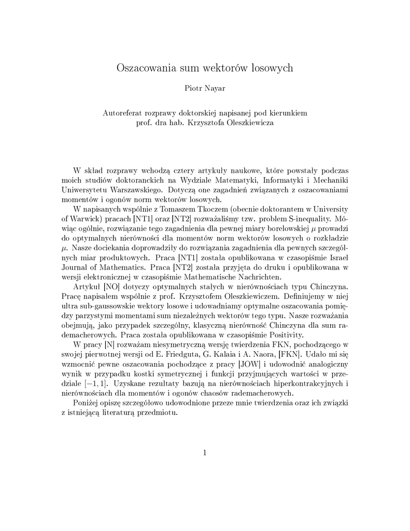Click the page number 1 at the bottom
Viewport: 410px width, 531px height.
click(x=205, y=453)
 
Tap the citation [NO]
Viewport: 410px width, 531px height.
click(x=111, y=287)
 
